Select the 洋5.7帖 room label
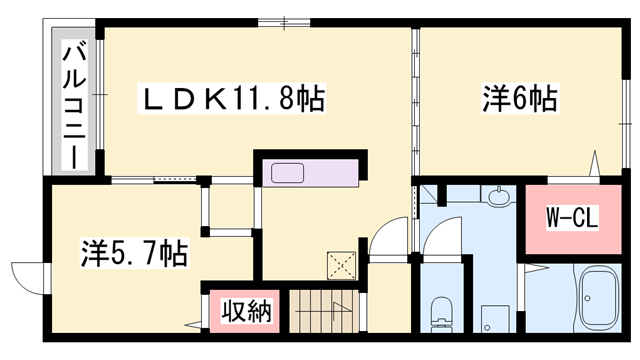pyautogui.click(x=133, y=254)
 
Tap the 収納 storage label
pyautogui.click(x=246, y=312)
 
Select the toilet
pyautogui.click(x=440, y=313)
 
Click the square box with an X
pyautogui.click(x=343, y=264)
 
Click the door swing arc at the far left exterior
pyautogui.click(x=24, y=276)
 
